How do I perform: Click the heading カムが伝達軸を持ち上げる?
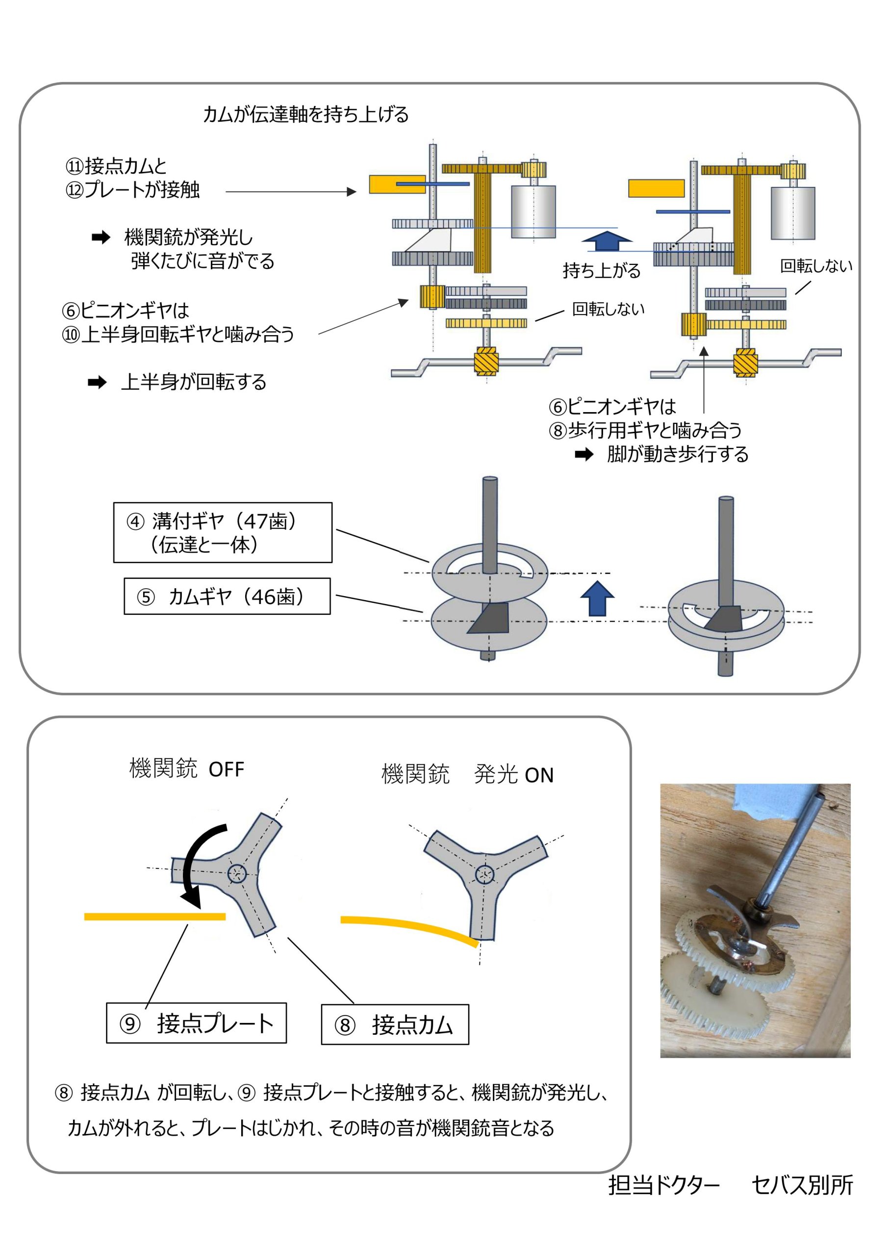tap(305, 115)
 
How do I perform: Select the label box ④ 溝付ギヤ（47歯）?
tap(223, 532)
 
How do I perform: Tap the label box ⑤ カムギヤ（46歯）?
tap(227, 596)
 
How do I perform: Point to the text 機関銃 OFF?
tap(186, 769)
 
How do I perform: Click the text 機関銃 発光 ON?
tap(467, 775)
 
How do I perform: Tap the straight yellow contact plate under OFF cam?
tap(155, 917)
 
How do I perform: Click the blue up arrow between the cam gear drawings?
tap(597, 598)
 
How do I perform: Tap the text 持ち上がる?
tap(602, 270)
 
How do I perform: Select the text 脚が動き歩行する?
tap(678, 454)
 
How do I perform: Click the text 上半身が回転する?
tap(194, 382)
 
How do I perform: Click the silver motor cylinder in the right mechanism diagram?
tap(792, 213)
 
